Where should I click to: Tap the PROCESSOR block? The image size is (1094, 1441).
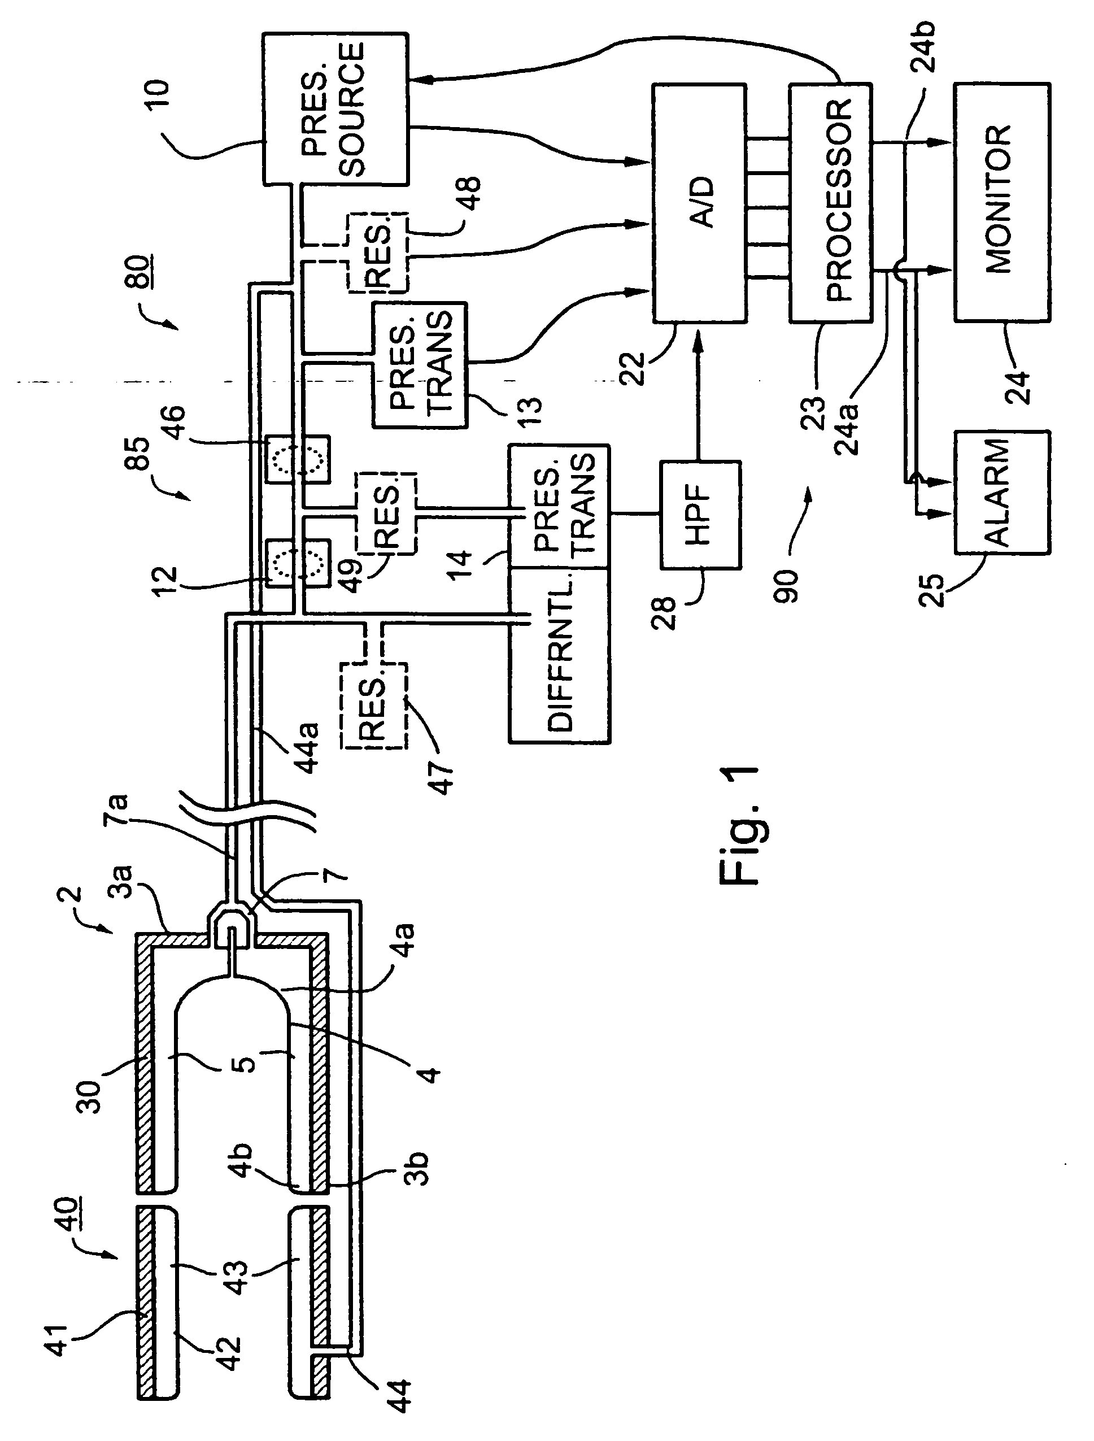point(831,203)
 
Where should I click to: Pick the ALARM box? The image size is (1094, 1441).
point(1002,493)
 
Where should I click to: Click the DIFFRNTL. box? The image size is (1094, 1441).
point(559,655)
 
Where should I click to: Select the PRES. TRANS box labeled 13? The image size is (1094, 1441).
point(420,365)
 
